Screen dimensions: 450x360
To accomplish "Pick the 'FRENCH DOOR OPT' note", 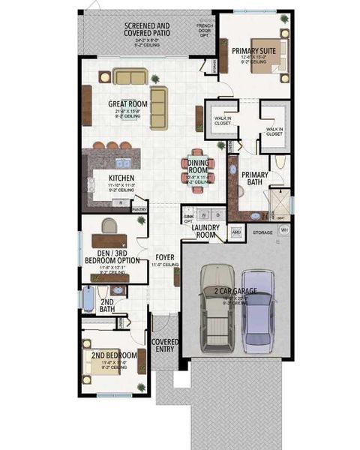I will [203, 30].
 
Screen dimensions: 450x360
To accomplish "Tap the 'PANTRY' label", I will [139, 210].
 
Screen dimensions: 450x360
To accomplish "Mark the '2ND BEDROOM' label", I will [114, 355].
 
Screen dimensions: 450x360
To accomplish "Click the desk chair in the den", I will [109, 226].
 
